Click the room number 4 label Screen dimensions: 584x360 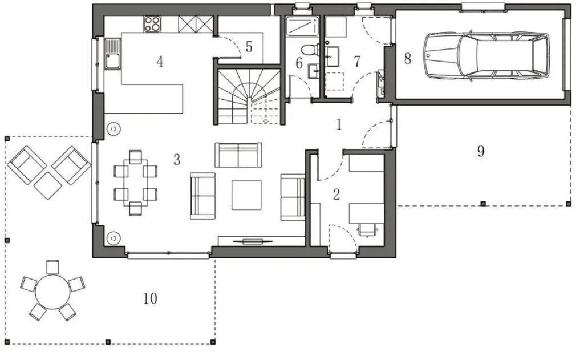click(x=160, y=62)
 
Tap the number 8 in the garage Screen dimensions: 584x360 click(x=407, y=59)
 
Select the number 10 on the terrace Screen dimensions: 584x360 click(x=150, y=298)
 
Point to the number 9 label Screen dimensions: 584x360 click(x=481, y=151)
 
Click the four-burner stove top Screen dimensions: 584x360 click(x=152, y=23)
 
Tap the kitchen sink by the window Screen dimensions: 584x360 click(x=112, y=54)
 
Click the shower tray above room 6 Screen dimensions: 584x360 click(x=302, y=26)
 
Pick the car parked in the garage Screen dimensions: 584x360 click(x=486, y=56)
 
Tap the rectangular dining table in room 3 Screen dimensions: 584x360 click(x=135, y=183)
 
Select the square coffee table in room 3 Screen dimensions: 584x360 click(x=246, y=195)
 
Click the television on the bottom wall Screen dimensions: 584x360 click(x=252, y=241)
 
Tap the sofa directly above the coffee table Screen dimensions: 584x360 click(x=238, y=155)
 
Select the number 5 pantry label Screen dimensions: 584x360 click(x=249, y=47)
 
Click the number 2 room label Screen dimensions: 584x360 click(x=336, y=194)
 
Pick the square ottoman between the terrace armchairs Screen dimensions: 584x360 click(x=48, y=185)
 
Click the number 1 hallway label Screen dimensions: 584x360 click(x=339, y=125)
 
